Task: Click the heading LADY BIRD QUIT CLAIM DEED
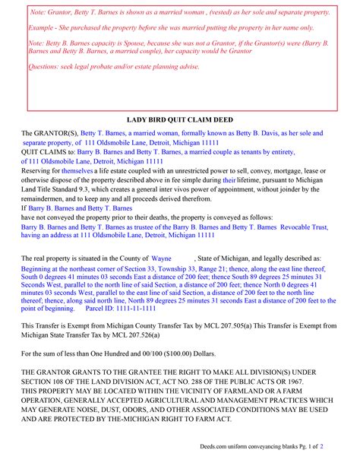pyautogui.click(x=181, y=120)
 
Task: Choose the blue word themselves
pyautogui.click(x=77, y=172)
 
